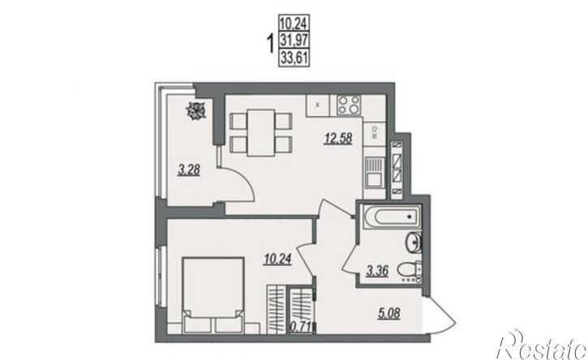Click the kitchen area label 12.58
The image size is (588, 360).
338,139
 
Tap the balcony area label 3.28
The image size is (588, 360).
189,170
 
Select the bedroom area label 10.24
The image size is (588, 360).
277,259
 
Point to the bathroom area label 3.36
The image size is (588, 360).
377,270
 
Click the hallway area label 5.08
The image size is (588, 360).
388,313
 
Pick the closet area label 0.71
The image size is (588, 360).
300,328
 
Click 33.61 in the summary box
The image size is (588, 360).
294,59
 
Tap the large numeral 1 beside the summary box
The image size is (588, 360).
270,44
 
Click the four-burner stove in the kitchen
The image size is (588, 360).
349,105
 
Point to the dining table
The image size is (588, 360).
261,133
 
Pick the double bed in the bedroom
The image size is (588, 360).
212,295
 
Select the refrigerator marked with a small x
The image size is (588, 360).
317,105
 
